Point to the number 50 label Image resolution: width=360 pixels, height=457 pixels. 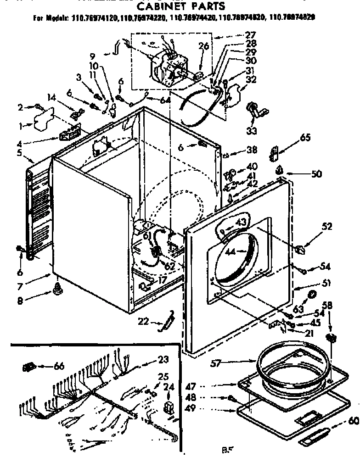click(x=316, y=174)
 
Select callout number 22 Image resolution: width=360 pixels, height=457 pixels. click(x=144, y=322)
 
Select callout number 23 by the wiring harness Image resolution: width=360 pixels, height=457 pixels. click(x=163, y=360)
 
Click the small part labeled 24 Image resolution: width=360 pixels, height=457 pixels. click(x=168, y=408)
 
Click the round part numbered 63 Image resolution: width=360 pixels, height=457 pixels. click(x=312, y=294)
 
